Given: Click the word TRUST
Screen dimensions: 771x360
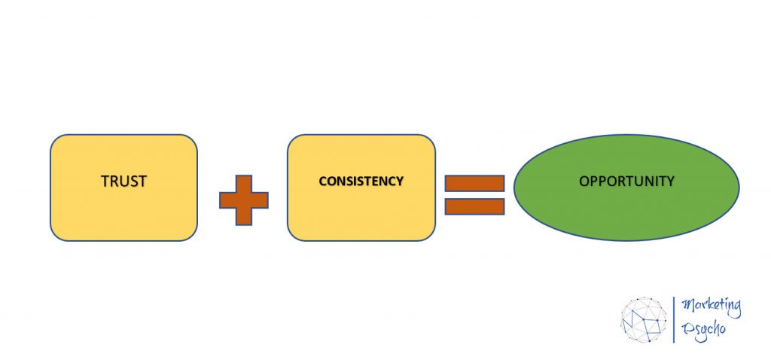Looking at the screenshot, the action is [124, 182].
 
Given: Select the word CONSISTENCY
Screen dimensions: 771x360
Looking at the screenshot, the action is [361, 182].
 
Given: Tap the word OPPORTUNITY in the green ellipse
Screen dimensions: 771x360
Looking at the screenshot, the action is [626, 182].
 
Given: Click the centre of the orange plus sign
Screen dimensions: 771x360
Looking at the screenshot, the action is [244, 200].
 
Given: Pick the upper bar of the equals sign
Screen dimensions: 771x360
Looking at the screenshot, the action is [474, 184].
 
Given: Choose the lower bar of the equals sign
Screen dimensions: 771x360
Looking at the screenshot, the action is [474, 206].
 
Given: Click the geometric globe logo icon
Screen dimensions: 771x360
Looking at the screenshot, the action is [644, 319].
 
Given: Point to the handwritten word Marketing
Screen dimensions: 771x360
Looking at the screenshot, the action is [711, 308].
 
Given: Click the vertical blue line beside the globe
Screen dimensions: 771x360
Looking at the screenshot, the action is [674, 319].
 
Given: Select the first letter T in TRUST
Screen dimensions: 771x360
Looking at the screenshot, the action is [105, 182].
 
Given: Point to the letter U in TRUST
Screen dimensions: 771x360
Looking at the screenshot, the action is [124, 182].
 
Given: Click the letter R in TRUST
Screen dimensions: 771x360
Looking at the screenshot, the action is [114, 182].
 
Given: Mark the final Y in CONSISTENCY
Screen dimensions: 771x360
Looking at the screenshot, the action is [400, 182].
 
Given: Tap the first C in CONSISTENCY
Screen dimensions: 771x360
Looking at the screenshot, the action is [323, 182].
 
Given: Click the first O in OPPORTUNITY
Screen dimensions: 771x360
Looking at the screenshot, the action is [584, 182].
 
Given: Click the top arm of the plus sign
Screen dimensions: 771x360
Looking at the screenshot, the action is [244, 184].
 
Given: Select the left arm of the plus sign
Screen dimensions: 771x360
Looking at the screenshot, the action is [227, 200].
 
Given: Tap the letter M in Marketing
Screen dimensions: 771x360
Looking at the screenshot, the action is [687, 306].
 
